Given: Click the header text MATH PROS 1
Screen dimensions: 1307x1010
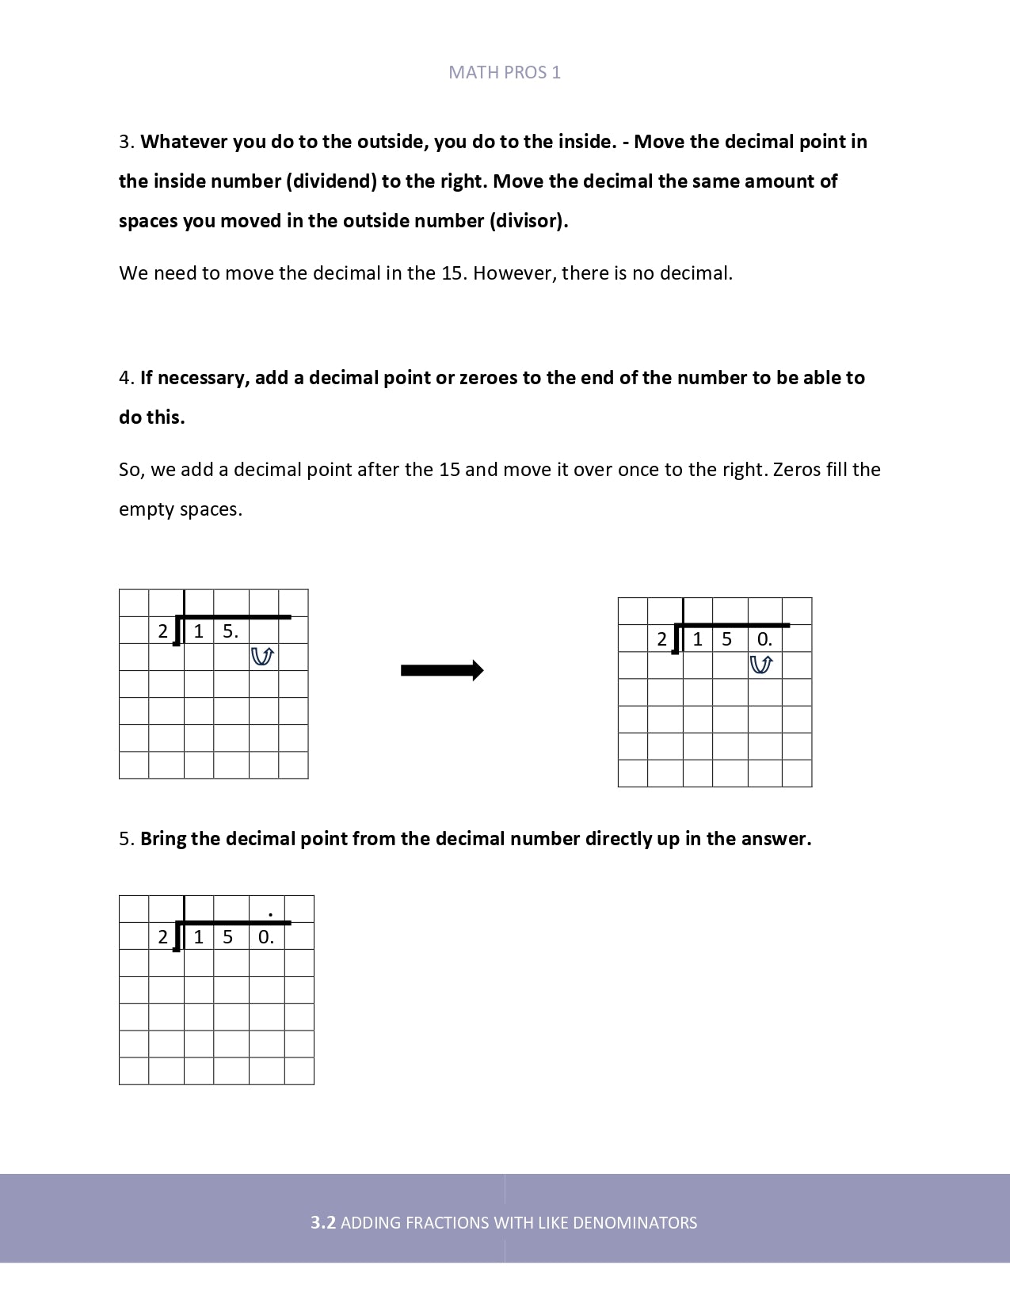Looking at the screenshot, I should [x=505, y=72].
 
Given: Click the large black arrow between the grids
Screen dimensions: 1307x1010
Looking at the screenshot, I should [x=442, y=670].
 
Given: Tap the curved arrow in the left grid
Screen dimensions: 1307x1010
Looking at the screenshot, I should [x=262, y=656].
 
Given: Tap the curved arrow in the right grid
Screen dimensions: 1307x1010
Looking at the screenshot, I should [x=760, y=664].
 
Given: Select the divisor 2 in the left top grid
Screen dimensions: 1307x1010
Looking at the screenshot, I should [x=163, y=631].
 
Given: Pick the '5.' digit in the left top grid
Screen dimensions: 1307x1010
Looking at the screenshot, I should [x=230, y=631].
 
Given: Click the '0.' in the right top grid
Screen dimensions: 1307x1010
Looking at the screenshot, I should [x=764, y=639].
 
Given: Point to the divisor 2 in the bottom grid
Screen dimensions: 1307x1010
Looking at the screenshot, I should [x=163, y=937].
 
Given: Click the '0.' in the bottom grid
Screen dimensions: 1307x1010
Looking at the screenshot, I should [x=266, y=937].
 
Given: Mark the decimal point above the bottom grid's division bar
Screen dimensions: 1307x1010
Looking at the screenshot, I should [x=271, y=915].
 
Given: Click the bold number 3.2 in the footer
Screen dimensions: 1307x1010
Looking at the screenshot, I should [x=323, y=1222].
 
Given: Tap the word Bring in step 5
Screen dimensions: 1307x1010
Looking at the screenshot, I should [x=163, y=839].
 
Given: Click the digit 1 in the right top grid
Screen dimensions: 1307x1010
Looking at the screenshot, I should [x=697, y=639].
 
